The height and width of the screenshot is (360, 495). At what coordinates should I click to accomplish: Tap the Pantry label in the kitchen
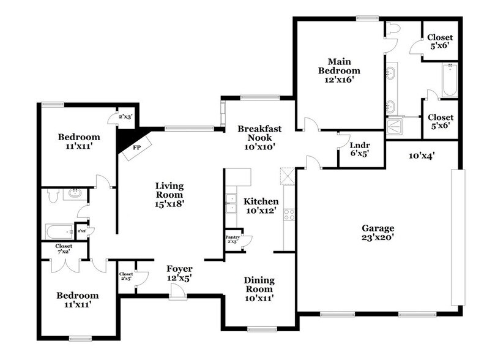[x=233, y=236]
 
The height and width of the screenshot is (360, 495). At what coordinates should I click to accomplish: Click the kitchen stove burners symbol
[x=289, y=215]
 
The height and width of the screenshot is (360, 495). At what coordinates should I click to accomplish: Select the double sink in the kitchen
[x=231, y=203]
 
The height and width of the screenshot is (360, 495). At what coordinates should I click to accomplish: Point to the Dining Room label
[x=259, y=285]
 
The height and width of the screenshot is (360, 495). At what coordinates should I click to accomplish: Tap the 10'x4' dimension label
[x=421, y=156]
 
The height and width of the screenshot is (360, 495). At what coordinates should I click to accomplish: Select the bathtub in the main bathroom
[x=450, y=80]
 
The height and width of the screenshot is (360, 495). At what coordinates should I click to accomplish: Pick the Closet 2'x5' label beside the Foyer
[x=126, y=276]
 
